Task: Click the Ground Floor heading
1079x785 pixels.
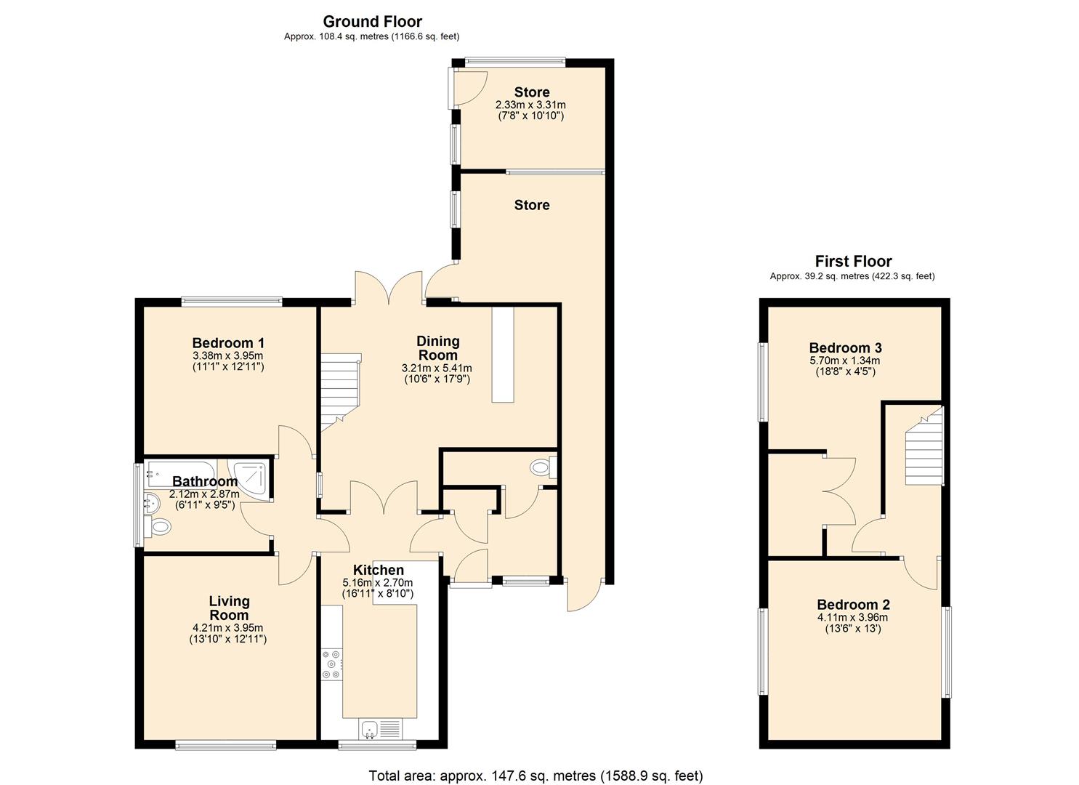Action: pos(372,22)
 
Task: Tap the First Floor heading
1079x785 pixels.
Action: pos(853,261)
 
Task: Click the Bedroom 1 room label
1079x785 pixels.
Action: pos(228,343)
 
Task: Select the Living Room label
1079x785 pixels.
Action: pos(229,608)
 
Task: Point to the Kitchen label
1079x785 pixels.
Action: pos(378,570)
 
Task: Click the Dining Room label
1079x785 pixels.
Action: pos(437,347)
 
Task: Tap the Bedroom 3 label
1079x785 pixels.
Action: pos(845,347)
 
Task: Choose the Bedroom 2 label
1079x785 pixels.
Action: pos(853,605)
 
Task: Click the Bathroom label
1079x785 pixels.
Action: pos(205,481)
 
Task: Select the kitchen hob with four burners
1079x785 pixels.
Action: pos(331,664)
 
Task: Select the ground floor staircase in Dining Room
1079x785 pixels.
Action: pos(340,389)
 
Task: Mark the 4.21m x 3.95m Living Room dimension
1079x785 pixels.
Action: pos(228,628)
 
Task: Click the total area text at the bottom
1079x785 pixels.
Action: pos(536,776)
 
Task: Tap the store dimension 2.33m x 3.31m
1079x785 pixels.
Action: pos(530,105)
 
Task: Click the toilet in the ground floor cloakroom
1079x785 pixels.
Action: pos(543,467)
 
